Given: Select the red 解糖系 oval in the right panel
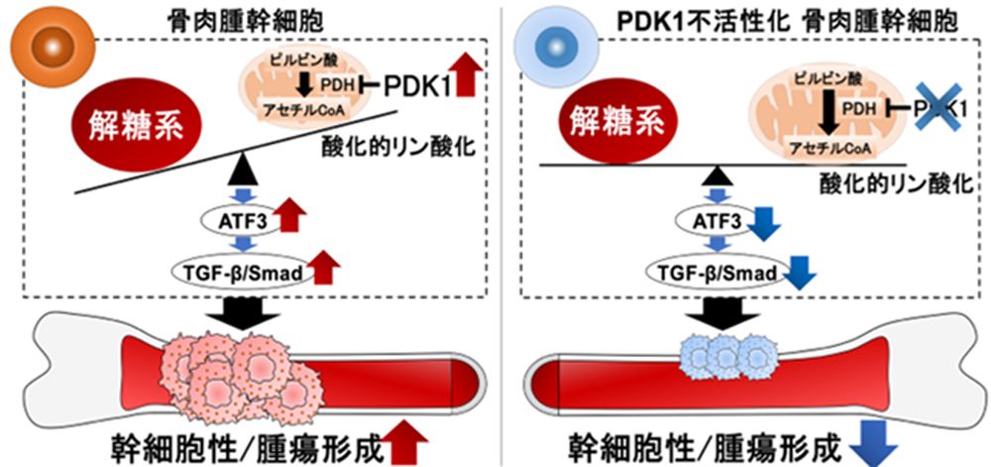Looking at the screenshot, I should click(632, 124).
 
